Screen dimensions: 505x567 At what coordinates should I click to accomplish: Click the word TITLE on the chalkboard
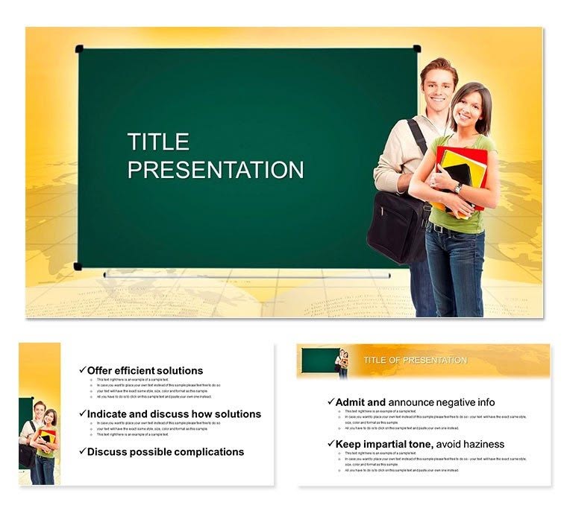point(158,142)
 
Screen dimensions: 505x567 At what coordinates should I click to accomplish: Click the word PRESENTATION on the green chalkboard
point(216,169)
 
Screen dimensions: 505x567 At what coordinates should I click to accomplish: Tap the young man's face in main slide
point(438,85)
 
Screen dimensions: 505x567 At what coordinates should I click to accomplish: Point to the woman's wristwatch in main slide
point(457,187)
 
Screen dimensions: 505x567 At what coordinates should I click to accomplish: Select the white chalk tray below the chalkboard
point(246,275)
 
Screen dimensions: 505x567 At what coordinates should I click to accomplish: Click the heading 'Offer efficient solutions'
point(145,370)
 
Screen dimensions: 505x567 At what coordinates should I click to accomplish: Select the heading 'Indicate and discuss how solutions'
point(174,413)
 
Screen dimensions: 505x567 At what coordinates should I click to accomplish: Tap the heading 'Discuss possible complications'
point(165,451)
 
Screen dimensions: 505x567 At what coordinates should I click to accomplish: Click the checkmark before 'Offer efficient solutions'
point(82,370)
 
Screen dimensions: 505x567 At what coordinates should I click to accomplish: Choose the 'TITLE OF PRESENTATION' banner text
point(415,361)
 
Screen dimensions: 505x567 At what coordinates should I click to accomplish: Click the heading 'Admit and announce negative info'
point(415,402)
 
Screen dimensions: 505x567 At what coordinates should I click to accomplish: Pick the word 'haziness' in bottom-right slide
point(483,444)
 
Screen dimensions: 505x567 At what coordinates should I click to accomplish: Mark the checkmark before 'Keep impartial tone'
point(331,444)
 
